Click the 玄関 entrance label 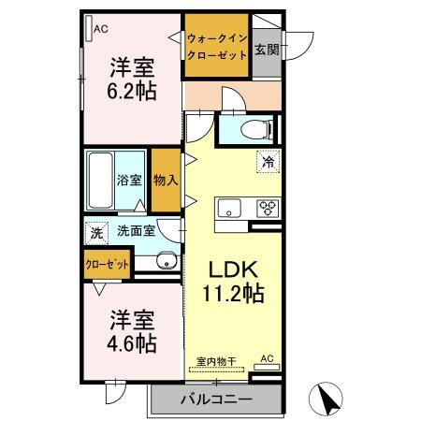click(267, 48)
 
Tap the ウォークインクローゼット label click(217, 47)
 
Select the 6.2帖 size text click(132, 92)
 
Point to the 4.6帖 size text click(131, 342)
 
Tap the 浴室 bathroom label click(129, 179)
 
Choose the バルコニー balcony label click(215, 399)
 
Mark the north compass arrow click(329, 399)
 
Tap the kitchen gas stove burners click(267, 208)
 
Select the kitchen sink click(229, 208)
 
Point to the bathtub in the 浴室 click(102, 179)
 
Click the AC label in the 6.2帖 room click(101, 29)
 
